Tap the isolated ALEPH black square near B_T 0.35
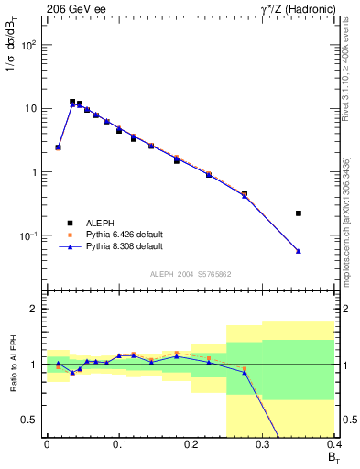coord(299,213)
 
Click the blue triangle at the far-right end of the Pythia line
coord(299,251)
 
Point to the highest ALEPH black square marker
coord(72,102)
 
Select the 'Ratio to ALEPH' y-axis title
coord(12,364)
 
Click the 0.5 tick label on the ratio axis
coord(29,420)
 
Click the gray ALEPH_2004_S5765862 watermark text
coord(190,274)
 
